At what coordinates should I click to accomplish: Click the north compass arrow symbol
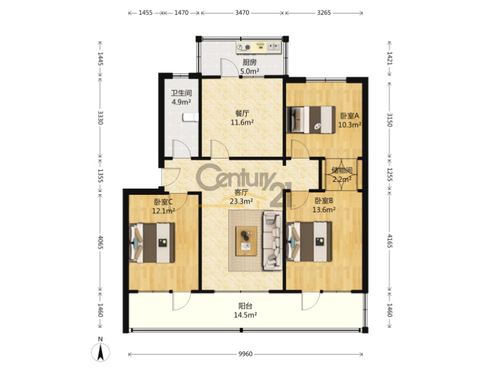pos(100,352)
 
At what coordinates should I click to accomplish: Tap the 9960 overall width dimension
pos(245,354)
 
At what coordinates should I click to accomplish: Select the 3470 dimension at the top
pos(242,13)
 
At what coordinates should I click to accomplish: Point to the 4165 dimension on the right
pos(390,241)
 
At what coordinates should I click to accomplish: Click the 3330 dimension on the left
pos(100,117)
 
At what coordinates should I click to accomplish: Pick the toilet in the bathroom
pos(191,117)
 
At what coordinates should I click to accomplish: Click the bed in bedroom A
pos(311,119)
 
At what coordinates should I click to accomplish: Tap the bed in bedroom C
pos(152,243)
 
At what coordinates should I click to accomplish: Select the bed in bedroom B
pos(309,242)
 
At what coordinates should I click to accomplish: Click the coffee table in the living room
pos(247,240)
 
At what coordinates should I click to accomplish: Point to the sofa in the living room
pos(272,240)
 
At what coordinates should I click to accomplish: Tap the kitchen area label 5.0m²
pos(250,71)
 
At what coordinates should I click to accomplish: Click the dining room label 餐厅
pos(242,113)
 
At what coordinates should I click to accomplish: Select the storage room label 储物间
pos(342,170)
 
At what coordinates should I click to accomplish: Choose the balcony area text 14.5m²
pos(245,315)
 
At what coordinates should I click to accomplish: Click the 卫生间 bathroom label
pos(181,93)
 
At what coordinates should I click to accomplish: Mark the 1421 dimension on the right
pos(390,58)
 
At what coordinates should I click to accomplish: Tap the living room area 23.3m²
pos(241,202)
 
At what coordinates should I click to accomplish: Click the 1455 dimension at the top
pos(145,13)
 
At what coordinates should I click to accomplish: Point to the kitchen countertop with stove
pos(259,48)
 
